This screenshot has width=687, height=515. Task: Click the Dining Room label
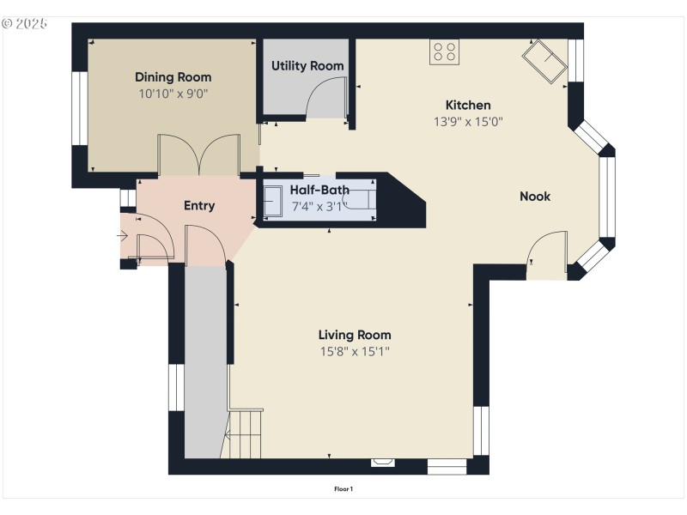click(x=173, y=77)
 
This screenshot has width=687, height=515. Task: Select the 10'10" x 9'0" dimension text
click(x=173, y=94)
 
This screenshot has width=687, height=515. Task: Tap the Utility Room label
click(x=307, y=66)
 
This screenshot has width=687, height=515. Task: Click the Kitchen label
click(x=468, y=106)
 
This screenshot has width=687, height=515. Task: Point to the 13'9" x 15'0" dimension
click(x=468, y=122)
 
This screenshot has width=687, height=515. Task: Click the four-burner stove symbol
click(x=444, y=51)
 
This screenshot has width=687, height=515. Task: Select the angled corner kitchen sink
click(x=543, y=62)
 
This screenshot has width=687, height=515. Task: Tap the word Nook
click(x=535, y=197)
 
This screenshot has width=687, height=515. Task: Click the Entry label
click(x=199, y=206)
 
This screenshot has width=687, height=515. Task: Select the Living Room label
click(x=355, y=335)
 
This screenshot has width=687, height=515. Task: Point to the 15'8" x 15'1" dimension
click(x=355, y=351)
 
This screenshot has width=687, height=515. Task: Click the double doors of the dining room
click(x=198, y=154)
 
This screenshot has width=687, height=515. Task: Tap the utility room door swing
click(x=326, y=97)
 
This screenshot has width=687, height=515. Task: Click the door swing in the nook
click(x=547, y=253)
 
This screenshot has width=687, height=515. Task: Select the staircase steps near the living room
click(x=246, y=433)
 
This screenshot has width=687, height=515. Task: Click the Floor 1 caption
click(x=343, y=489)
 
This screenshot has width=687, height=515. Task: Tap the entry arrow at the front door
click(x=122, y=235)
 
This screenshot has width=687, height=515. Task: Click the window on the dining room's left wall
click(x=79, y=108)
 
